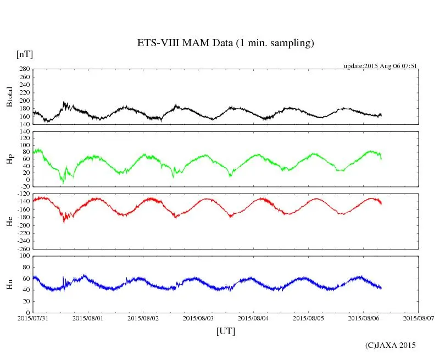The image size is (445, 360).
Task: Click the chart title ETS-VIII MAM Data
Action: tap(225, 43)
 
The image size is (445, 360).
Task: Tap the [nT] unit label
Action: tap(25, 54)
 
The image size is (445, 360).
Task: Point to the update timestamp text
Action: tap(381, 66)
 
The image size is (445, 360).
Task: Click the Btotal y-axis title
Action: tap(9, 96)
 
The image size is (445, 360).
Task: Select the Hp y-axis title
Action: tap(9, 159)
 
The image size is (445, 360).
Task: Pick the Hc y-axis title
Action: tap(9, 221)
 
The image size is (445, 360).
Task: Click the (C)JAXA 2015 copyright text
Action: tap(391, 345)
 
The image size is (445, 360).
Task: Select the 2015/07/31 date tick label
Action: tap(33, 318)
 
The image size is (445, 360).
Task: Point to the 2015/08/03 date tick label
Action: tap(198, 318)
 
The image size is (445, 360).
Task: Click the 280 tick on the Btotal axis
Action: tap(24, 69)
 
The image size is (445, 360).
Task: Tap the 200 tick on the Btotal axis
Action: tap(24, 101)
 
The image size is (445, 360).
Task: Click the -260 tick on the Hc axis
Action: tap(23, 249)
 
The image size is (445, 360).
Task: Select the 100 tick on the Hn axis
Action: tap(24, 256)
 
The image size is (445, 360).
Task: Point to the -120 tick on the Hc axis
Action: tap(23, 194)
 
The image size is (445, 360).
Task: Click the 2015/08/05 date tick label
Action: tap(308, 318)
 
